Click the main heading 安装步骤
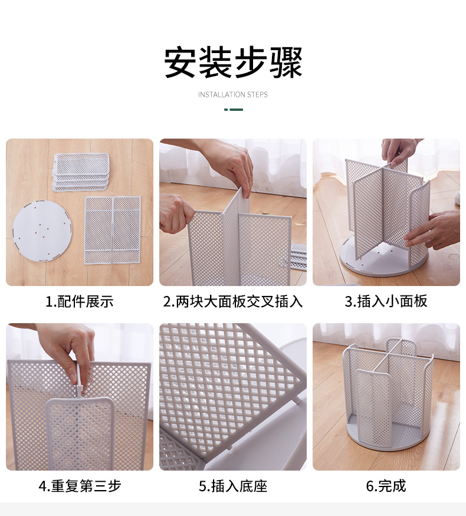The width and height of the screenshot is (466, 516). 232,62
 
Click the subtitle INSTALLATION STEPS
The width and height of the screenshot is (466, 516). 232,94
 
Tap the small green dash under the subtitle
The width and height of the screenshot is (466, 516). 234,110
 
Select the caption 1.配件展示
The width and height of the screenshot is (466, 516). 79,301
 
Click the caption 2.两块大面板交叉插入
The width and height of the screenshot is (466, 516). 232,301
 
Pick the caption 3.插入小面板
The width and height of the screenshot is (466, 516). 386,301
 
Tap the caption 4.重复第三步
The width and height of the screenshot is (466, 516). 79,486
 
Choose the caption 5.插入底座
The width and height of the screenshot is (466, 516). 232,486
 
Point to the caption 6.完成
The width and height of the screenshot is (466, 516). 386,486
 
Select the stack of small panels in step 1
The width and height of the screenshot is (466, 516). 81,171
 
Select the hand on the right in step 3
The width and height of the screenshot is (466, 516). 437,230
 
